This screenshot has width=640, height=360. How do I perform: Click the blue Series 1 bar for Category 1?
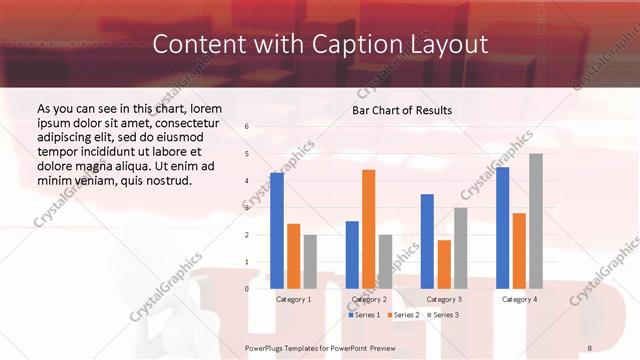pyautogui.click(x=277, y=231)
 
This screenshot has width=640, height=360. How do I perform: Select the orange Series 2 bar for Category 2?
pyautogui.click(x=368, y=229)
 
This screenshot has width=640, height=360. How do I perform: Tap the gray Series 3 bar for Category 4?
pyautogui.click(x=536, y=221)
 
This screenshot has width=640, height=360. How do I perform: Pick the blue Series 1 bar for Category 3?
pyautogui.click(x=427, y=241)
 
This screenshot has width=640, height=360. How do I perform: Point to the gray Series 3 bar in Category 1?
pyautogui.click(x=310, y=261)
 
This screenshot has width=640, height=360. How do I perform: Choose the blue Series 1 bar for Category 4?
pyautogui.click(x=502, y=228)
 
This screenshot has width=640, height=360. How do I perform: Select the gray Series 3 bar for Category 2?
pyautogui.click(x=385, y=261)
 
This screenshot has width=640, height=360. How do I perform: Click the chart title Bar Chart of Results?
pyautogui.click(x=402, y=110)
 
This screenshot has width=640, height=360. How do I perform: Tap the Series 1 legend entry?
pyautogui.click(x=363, y=315)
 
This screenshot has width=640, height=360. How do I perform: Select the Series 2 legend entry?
pyautogui.click(x=402, y=315)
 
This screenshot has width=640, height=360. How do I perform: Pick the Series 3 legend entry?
pyautogui.click(x=441, y=315)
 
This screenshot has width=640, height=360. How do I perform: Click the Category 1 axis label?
pyautogui.click(x=293, y=299)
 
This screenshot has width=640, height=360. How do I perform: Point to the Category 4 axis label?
pyautogui.click(x=519, y=299)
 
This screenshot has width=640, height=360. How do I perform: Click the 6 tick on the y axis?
pyautogui.click(x=247, y=127)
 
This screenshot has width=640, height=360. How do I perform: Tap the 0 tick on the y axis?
pyautogui.click(x=247, y=289)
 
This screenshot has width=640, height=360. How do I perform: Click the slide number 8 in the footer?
pyautogui.click(x=590, y=347)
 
